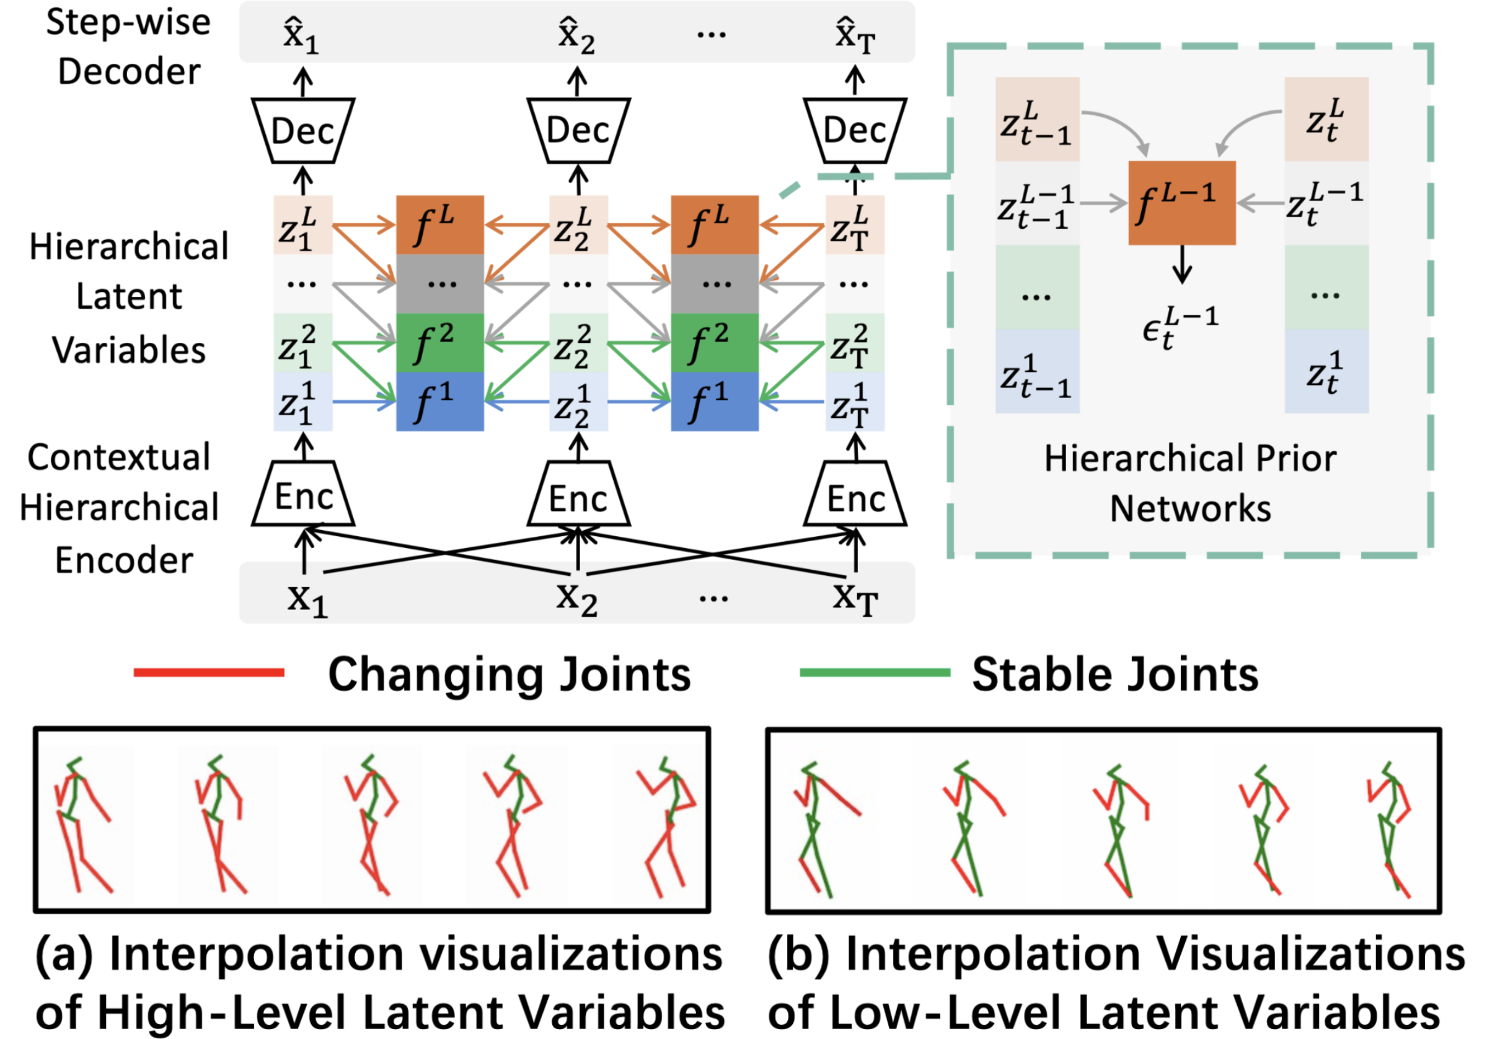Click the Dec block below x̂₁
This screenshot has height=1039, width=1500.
tap(303, 130)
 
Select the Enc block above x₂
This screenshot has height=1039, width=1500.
tap(578, 498)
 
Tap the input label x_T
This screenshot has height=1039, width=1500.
tap(855, 598)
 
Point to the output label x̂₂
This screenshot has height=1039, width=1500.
tap(576, 36)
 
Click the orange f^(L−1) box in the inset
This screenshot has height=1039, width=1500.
tap(1181, 203)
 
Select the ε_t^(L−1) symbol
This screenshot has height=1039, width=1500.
tap(1179, 327)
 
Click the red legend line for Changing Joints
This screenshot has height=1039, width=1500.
tap(209, 673)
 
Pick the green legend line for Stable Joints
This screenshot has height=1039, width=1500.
tap(875, 673)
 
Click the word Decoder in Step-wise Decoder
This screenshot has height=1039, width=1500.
tap(129, 72)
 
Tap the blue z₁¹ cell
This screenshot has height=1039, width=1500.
tap(302, 402)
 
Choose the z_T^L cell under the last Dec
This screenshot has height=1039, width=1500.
tap(855, 224)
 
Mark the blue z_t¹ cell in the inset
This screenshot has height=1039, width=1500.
tap(1326, 372)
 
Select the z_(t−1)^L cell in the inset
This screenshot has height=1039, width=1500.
tap(1036, 120)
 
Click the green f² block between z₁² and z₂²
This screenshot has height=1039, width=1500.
tap(440, 343)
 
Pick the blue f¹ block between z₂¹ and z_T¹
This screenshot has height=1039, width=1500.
tap(715, 402)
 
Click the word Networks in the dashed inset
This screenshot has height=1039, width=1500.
tap(1189, 508)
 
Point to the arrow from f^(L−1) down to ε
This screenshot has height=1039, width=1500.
tap(1182, 263)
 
